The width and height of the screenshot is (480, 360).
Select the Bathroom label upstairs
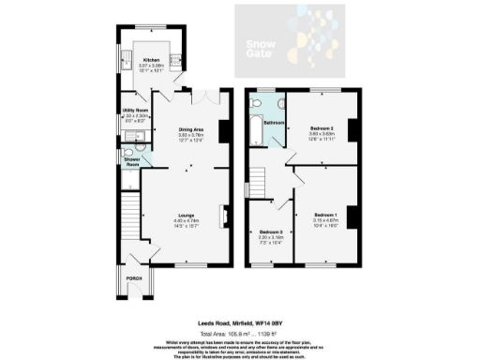273,121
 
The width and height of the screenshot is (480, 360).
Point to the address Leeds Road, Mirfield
240,323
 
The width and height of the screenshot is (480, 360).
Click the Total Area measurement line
240,333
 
